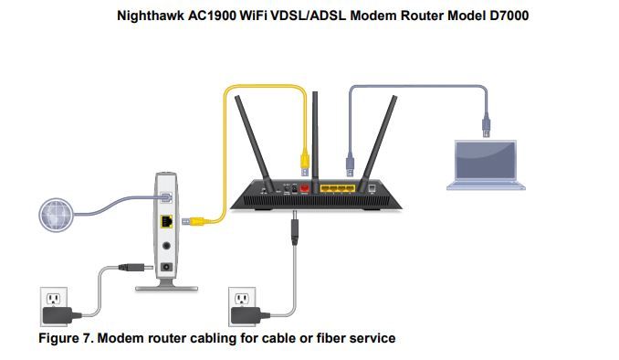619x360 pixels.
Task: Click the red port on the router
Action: (305, 188)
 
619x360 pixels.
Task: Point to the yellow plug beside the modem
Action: (191, 220)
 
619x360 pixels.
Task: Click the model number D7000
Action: (479, 16)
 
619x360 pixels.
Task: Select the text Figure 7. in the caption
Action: (64, 338)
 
